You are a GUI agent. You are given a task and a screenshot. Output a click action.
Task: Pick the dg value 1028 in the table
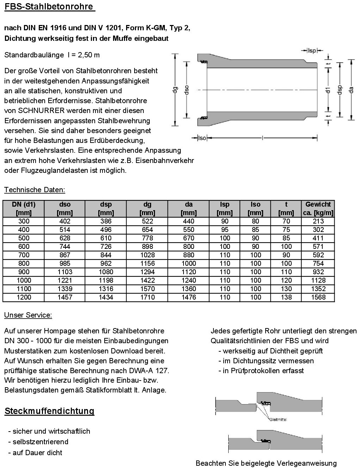pos(147,255)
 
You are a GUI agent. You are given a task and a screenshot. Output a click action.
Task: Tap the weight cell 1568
pos(318,297)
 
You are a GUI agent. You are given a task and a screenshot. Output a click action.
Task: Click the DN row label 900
pos(24,272)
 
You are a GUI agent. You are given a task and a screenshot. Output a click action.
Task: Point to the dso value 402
pos(65,221)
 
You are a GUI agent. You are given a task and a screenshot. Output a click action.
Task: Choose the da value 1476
pos(188,297)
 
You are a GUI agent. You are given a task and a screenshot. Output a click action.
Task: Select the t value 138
pos(286,297)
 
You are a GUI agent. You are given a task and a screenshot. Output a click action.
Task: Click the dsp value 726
pos(106,246)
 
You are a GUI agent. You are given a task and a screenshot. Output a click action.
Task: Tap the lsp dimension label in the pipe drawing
pos(312,51)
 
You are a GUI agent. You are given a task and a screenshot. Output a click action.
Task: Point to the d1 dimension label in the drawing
pos(328,90)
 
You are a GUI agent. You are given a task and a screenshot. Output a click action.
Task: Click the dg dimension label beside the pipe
pos(174,90)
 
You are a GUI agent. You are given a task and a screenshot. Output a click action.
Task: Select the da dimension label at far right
pos(351,90)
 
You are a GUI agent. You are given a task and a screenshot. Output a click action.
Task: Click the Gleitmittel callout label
pos(278,420)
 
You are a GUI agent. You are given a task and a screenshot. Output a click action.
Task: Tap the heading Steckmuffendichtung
pos(49,411)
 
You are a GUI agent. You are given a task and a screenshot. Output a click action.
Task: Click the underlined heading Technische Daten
pos(35,190)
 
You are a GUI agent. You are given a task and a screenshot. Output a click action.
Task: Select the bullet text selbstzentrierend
pos(41,442)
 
